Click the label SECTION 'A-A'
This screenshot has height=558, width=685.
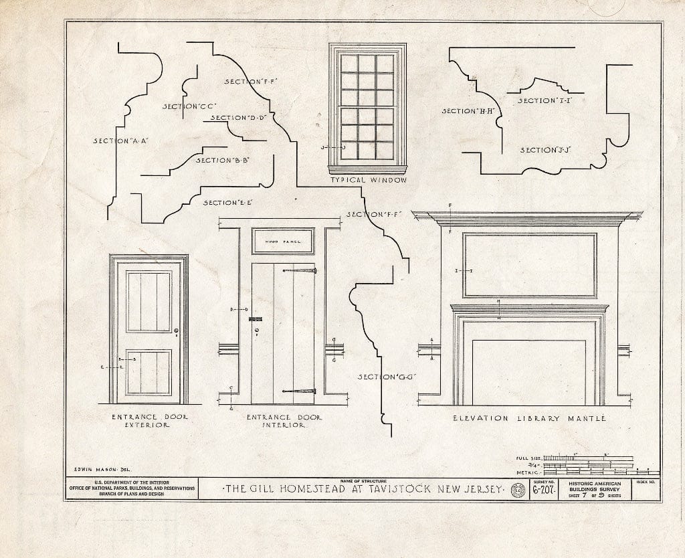[120, 141]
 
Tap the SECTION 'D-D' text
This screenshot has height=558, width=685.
[239, 118]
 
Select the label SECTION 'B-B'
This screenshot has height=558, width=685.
[222, 160]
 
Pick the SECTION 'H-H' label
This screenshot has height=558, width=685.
[468, 111]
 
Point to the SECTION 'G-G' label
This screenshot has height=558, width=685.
[387, 377]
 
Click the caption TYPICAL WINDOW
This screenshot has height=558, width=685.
[368, 180]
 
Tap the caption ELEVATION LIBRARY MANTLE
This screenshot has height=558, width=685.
[528, 418]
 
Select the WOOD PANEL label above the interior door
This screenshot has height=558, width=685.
[284, 241]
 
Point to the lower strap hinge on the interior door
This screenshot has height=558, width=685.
[298, 391]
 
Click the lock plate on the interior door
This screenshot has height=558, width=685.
[256, 320]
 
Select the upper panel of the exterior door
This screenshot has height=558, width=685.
[149, 301]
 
